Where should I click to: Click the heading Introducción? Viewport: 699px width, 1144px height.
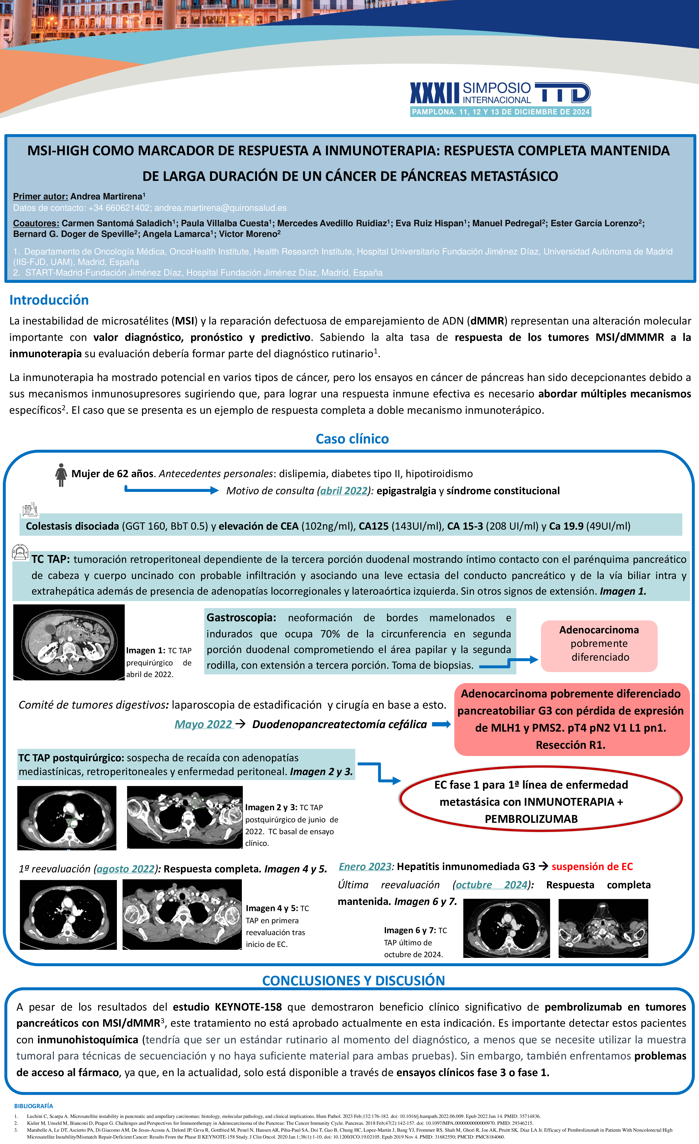(x=49, y=300)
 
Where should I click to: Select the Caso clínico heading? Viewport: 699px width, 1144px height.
(x=352, y=439)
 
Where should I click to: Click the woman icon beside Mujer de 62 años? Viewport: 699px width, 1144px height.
(x=61, y=475)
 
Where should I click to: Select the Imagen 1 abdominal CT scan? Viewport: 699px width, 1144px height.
(x=69, y=642)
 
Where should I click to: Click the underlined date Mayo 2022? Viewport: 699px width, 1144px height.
(x=203, y=724)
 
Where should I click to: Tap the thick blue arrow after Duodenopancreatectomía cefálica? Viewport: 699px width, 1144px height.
(x=441, y=724)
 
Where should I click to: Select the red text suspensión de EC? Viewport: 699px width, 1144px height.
(x=592, y=866)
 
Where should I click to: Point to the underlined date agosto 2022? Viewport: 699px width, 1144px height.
(x=125, y=869)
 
